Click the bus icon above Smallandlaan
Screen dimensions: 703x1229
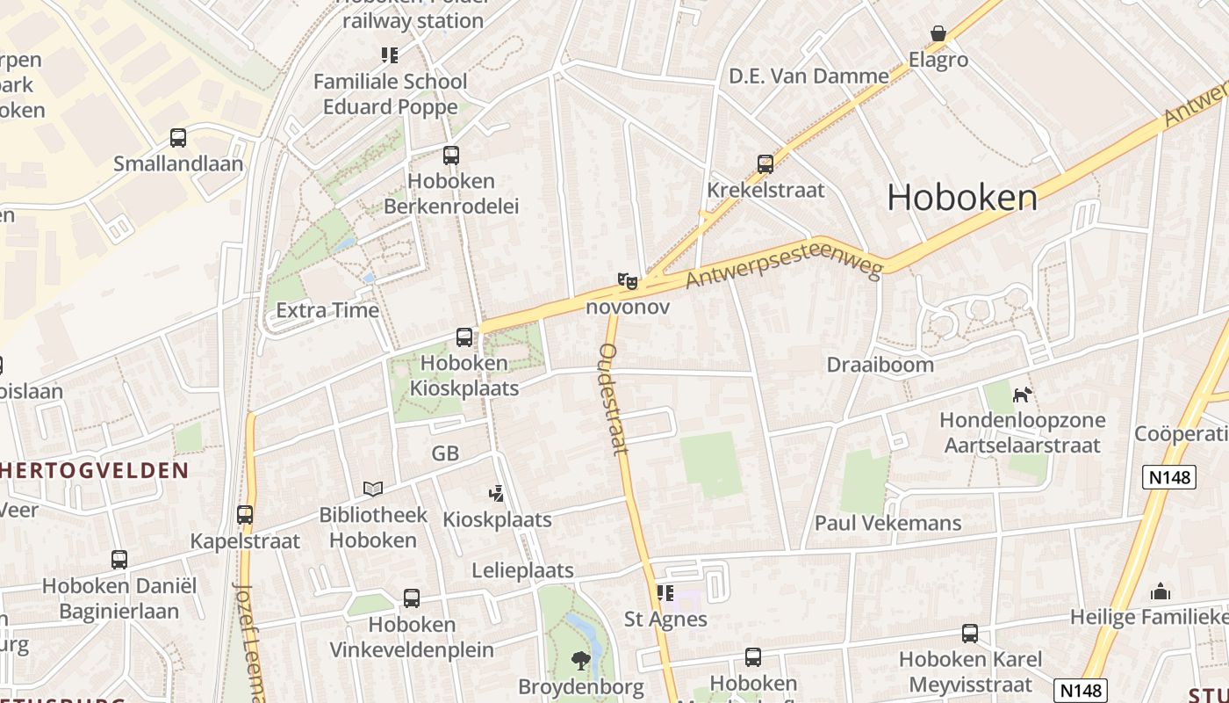click(178, 138)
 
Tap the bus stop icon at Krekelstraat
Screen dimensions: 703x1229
click(765, 164)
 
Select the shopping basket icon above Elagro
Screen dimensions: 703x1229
click(938, 34)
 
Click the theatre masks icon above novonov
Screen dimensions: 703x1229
click(627, 281)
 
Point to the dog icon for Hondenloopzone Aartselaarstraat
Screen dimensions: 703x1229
click(1022, 395)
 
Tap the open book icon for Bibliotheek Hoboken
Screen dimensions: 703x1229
click(373, 489)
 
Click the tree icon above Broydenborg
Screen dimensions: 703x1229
click(580, 660)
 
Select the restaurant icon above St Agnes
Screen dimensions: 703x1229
click(665, 593)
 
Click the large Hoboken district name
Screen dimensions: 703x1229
click(962, 198)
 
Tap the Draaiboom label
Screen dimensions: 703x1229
click(880, 365)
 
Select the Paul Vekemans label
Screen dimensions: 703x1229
click(888, 523)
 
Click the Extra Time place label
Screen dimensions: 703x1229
click(327, 310)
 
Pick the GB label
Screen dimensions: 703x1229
click(445, 453)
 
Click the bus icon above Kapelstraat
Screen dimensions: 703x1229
click(245, 515)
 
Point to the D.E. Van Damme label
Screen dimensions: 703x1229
click(809, 76)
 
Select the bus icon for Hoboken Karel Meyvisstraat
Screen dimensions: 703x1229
click(970, 633)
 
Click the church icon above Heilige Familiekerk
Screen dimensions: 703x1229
click(1161, 591)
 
